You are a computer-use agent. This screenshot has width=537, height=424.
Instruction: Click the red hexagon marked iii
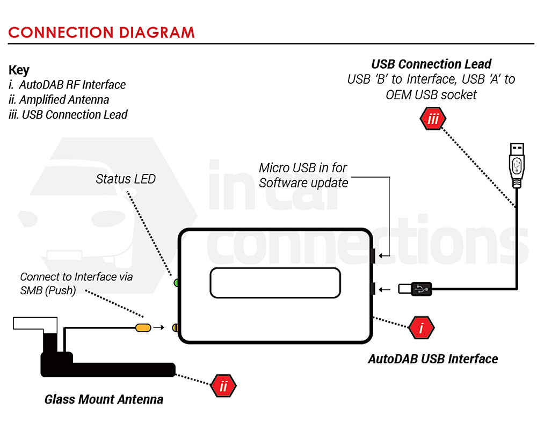(x=433, y=119)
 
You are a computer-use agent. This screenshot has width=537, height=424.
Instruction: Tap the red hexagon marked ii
(x=223, y=386)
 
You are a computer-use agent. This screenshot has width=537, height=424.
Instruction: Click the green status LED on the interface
(x=176, y=282)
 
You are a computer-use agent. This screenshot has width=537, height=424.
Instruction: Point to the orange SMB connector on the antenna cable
(x=142, y=327)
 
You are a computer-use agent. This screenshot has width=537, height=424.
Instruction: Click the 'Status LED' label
(x=126, y=179)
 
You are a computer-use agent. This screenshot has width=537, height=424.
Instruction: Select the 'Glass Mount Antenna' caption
(x=104, y=399)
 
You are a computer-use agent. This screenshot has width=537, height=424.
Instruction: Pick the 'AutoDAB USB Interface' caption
(x=433, y=359)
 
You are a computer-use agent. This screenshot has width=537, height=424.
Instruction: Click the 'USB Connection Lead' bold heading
(x=431, y=64)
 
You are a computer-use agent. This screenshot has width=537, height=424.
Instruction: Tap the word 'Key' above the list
(x=19, y=70)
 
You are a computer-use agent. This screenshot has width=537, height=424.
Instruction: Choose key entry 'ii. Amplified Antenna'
(x=59, y=100)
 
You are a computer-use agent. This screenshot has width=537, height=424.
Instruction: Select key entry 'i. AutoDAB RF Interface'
(x=68, y=85)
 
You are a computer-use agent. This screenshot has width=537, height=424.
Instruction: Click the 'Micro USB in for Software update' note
(x=303, y=176)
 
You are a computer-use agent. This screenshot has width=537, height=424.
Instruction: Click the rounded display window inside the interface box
(x=275, y=282)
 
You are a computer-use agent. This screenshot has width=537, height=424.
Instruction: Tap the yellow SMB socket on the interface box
(x=175, y=327)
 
